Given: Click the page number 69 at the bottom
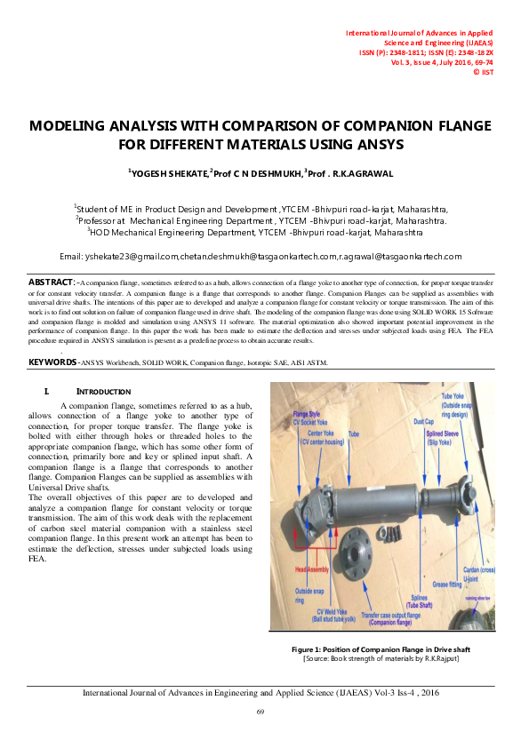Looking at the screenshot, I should tap(260, 712).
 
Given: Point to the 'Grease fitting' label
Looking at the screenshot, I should tap(447, 585).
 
